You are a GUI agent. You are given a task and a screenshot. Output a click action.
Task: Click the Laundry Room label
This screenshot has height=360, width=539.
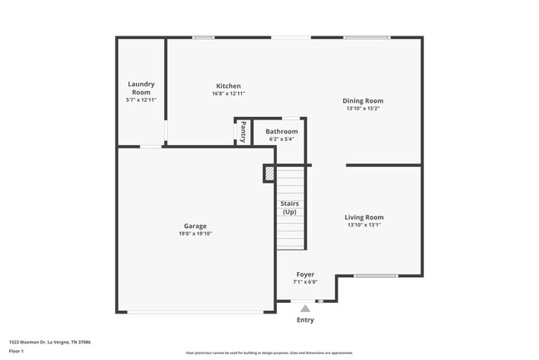pyautogui.click(x=141, y=87)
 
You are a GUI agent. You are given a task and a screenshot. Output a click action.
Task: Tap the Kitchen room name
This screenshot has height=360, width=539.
pyautogui.click(x=228, y=85)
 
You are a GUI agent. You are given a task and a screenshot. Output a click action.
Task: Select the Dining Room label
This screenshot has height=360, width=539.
pyautogui.click(x=364, y=100)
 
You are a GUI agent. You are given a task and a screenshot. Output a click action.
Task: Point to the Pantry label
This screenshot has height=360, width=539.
pyautogui.click(x=243, y=131)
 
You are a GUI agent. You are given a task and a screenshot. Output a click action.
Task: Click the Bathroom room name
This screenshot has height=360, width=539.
pyautogui.click(x=281, y=131)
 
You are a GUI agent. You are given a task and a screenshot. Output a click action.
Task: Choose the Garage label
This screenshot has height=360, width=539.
pyautogui.click(x=195, y=226)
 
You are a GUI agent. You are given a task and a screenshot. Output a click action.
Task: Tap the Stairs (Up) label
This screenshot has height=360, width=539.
pyautogui.click(x=289, y=207)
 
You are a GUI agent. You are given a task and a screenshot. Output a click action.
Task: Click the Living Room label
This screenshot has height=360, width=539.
pyautogui.click(x=364, y=217)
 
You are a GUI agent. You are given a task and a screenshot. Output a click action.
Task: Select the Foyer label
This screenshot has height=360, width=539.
pyautogui.click(x=305, y=275)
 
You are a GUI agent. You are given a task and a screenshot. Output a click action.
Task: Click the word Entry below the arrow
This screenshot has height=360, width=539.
pyautogui.click(x=305, y=320)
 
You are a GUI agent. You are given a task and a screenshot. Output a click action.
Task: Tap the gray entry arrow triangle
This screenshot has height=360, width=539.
pyautogui.click(x=305, y=309)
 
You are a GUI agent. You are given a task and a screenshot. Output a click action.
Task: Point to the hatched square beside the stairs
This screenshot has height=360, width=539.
pyautogui.click(x=269, y=173)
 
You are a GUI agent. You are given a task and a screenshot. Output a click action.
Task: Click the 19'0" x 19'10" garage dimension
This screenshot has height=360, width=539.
pyautogui.click(x=195, y=234)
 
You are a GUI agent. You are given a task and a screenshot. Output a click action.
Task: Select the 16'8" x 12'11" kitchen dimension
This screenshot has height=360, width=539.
pyautogui.click(x=228, y=94)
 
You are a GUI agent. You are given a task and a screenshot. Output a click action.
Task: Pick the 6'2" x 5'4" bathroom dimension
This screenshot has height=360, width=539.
pyautogui.click(x=281, y=139)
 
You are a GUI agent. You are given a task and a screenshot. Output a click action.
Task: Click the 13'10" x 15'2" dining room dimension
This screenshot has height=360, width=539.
pyautogui.click(x=364, y=109)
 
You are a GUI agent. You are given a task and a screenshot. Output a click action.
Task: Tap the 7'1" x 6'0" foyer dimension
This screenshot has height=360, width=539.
pyautogui.click(x=305, y=282)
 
